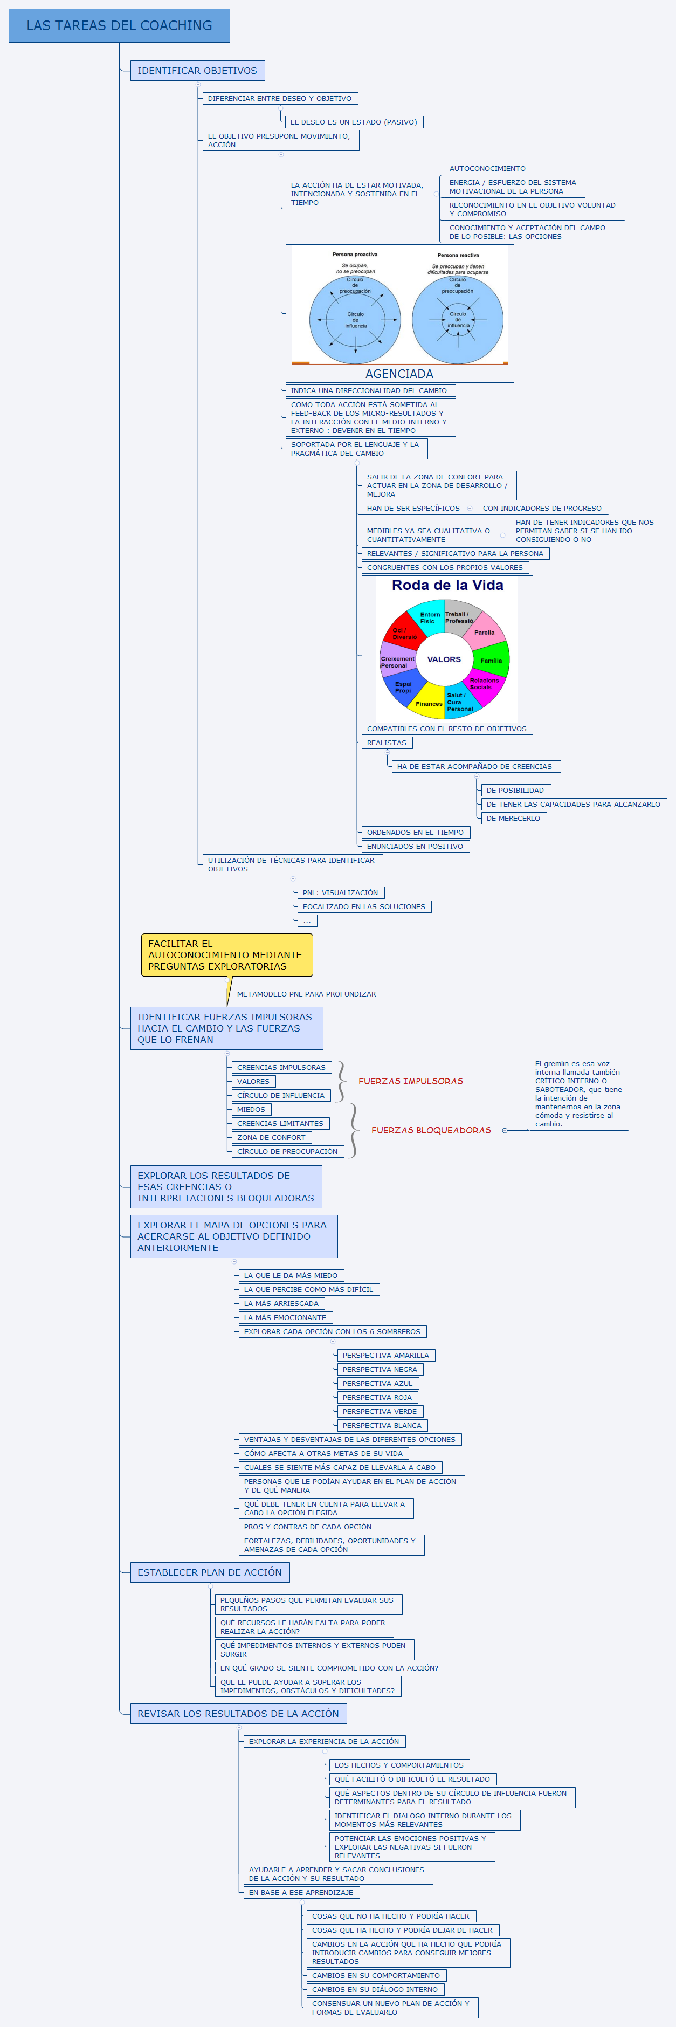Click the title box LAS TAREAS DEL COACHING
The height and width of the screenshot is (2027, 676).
tap(119, 25)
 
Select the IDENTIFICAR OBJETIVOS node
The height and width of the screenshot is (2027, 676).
tap(197, 71)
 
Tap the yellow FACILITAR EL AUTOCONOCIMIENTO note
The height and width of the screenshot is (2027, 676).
tap(226, 954)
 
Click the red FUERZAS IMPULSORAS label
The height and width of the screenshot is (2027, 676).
tap(410, 1081)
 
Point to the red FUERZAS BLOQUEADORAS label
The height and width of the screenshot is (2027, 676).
tap(431, 1130)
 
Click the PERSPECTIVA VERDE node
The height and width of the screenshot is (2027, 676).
tap(380, 1411)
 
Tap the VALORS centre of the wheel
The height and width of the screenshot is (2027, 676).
tap(444, 659)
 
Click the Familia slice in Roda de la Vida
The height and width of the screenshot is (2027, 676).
tap(491, 660)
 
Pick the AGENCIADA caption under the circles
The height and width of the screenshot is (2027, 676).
tap(399, 374)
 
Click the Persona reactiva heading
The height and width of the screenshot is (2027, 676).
tap(458, 255)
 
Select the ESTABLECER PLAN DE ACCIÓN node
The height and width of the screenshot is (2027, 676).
tap(209, 1572)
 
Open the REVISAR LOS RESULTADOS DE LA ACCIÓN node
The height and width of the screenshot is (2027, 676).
tap(238, 1713)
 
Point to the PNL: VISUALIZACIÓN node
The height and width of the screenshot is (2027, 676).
tap(340, 892)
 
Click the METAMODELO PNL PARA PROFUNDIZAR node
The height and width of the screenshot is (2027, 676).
tap(306, 994)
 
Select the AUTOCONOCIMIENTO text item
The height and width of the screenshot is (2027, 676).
tap(487, 168)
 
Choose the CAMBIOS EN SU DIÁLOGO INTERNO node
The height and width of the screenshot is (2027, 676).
tap(375, 1989)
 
